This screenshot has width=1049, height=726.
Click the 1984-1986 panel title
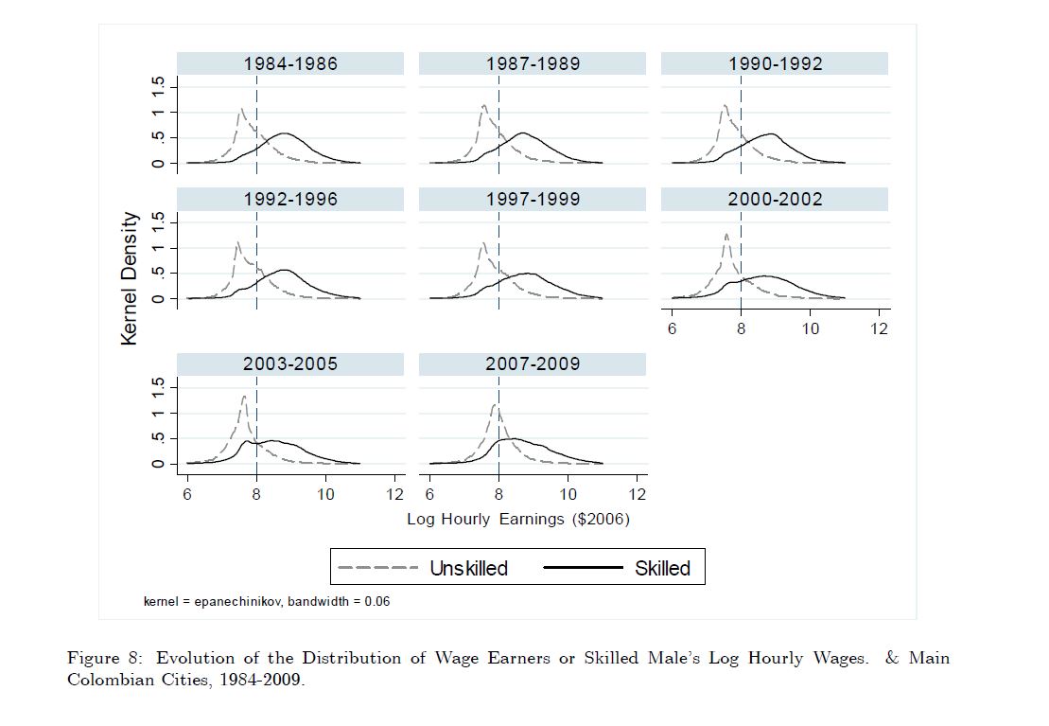[289, 64]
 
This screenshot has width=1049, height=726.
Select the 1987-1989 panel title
[533, 64]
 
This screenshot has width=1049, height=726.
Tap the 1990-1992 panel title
[775, 64]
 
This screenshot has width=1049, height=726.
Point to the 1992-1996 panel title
[289, 200]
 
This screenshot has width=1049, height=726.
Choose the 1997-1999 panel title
[533, 200]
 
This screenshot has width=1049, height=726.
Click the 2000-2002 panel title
[775, 200]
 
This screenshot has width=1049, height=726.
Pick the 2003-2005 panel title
[289, 364]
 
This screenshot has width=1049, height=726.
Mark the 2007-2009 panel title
[533, 364]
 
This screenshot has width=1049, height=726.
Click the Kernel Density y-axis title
[131, 278]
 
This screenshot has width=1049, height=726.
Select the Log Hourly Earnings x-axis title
[517, 519]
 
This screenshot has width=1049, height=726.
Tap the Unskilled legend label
[468, 568]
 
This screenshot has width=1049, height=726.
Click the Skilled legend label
[662, 568]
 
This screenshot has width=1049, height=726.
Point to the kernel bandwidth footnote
[267, 601]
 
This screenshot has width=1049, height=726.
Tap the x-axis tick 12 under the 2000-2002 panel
[880, 328]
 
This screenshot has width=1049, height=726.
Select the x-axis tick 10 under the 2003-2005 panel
[325, 494]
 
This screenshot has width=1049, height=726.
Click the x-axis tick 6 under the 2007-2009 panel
[430, 494]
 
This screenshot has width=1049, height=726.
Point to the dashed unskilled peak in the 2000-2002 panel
[726, 234]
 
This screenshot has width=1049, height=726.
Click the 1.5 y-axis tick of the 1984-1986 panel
[159, 86]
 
